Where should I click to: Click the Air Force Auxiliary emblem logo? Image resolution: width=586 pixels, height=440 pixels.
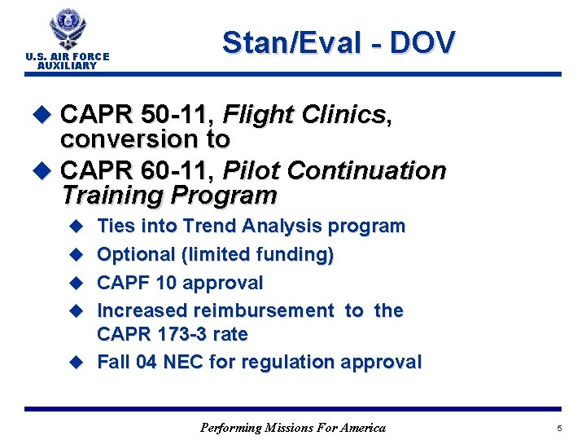click(x=67, y=29)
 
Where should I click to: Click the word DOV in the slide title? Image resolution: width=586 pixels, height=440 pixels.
click(x=422, y=43)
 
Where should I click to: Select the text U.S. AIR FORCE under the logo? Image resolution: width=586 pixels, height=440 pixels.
click(x=67, y=57)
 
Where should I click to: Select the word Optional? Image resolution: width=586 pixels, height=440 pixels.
click(x=135, y=255)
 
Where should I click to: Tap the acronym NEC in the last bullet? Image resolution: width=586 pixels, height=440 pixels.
click(x=184, y=363)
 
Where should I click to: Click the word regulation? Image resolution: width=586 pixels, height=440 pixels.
click(x=279, y=363)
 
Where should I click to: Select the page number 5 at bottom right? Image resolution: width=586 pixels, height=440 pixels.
click(x=559, y=428)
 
